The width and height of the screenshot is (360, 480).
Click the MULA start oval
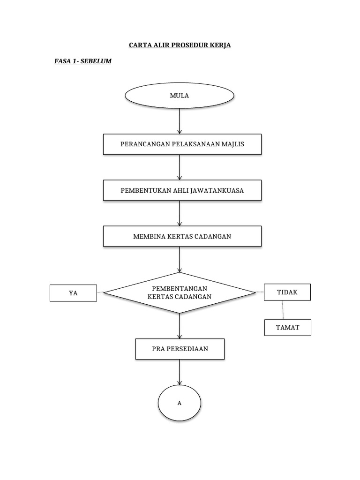coord(180,96)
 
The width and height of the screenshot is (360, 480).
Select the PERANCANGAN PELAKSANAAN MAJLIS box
coord(182,144)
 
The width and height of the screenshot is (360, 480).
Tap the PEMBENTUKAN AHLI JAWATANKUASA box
coord(182,190)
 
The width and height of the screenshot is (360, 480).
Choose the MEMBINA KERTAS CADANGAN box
coord(182,236)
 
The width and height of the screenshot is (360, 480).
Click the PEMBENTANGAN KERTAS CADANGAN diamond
coord(180,292)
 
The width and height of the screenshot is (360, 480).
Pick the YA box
coord(73,293)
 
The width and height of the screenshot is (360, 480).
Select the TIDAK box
coord(287,292)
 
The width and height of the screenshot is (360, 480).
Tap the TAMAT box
coord(287,328)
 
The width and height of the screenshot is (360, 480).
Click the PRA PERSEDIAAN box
coord(180,349)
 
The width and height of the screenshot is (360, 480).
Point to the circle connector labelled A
coord(180,403)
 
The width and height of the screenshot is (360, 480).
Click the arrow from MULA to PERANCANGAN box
coord(180,121)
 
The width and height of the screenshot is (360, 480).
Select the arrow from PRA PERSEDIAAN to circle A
coord(180,373)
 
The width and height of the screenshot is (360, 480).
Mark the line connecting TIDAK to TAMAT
coord(283,310)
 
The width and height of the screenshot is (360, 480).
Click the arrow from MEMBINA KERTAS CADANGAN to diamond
coord(180,259)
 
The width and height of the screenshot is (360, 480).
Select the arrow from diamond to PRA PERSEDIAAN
coord(180,326)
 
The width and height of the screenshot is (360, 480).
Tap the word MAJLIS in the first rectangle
coord(232,144)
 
